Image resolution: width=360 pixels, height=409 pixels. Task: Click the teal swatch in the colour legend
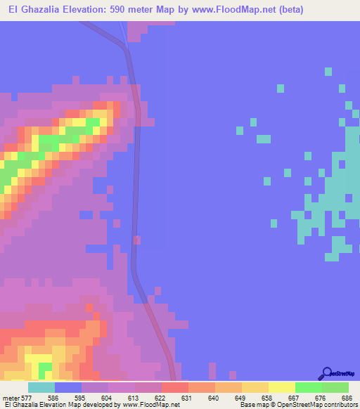(x=41, y=387)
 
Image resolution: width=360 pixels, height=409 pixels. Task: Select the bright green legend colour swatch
(x=308, y=387)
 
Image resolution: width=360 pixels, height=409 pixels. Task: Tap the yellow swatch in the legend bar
(x=281, y=387)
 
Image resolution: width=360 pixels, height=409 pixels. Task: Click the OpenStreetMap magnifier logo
(x=328, y=373)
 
